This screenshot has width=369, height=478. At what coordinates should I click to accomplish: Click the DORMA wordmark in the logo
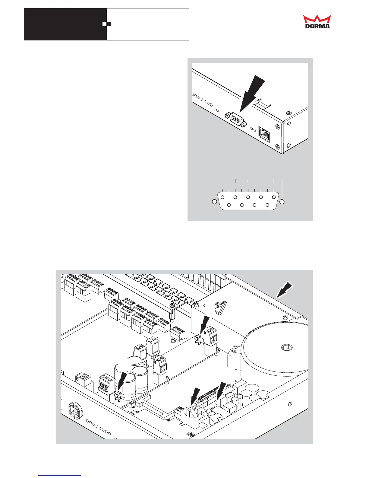[317, 26]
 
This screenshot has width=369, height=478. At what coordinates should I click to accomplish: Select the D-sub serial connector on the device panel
[235, 119]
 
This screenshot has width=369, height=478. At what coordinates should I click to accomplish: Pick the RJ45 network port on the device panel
[265, 134]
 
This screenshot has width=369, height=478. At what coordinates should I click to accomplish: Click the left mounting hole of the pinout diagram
[214, 202]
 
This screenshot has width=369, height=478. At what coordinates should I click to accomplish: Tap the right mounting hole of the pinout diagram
[282, 202]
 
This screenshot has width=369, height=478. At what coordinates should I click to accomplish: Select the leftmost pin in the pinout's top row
[222, 197]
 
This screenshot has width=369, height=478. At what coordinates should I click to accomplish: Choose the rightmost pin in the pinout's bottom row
[267, 205]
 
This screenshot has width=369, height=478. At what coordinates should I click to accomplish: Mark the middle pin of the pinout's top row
[248, 197]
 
